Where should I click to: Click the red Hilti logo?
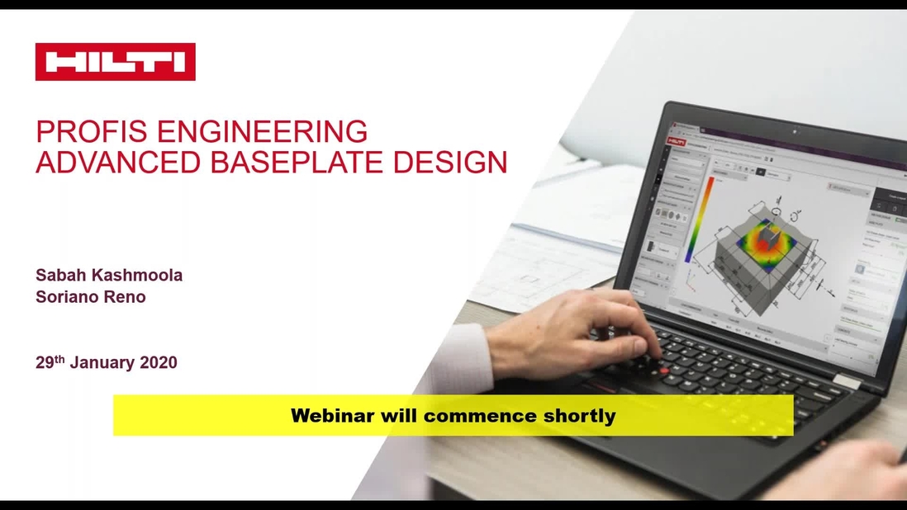tap(115, 62)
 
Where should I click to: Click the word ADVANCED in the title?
tap(116, 162)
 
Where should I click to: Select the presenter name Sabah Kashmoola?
tap(109, 276)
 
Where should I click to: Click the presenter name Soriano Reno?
tap(90, 297)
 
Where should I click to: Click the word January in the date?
tap(102, 362)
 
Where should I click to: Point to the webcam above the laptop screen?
tap(795, 131)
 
